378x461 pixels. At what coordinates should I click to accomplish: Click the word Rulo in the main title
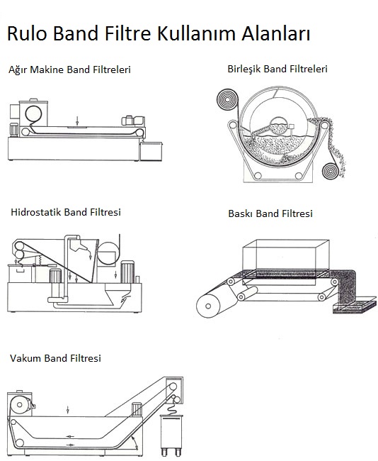pyautogui.click(x=27, y=33)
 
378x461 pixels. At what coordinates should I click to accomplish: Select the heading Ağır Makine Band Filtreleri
pyautogui.click(x=69, y=70)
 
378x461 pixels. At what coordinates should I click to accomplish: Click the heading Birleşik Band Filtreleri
pyautogui.click(x=277, y=69)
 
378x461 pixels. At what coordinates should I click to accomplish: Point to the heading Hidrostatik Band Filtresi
pyautogui.click(x=66, y=212)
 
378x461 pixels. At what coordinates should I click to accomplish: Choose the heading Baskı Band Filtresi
pyautogui.click(x=270, y=213)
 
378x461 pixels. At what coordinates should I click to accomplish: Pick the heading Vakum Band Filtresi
pyautogui.click(x=55, y=358)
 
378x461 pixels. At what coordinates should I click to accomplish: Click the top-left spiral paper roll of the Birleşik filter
pyautogui.click(x=227, y=100)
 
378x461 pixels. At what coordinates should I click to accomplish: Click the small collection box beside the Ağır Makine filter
pyautogui.click(x=151, y=151)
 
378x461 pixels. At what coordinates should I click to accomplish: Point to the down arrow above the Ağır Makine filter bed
pyautogui.click(x=77, y=121)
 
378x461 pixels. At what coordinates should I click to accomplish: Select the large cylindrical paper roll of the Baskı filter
pyautogui.click(x=208, y=306)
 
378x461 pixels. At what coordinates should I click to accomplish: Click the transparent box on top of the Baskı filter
pyautogui.click(x=286, y=258)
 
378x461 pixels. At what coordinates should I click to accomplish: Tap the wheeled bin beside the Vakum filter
pyautogui.click(x=171, y=435)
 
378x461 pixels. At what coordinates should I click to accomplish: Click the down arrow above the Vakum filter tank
pyautogui.click(x=68, y=410)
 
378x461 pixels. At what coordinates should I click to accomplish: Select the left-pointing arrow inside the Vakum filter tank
pyautogui.click(x=69, y=436)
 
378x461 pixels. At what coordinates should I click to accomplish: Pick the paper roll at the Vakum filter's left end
pyautogui.click(x=20, y=405)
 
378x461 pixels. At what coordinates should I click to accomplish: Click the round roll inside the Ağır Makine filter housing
pyautogui.click(x=33, y=114)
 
